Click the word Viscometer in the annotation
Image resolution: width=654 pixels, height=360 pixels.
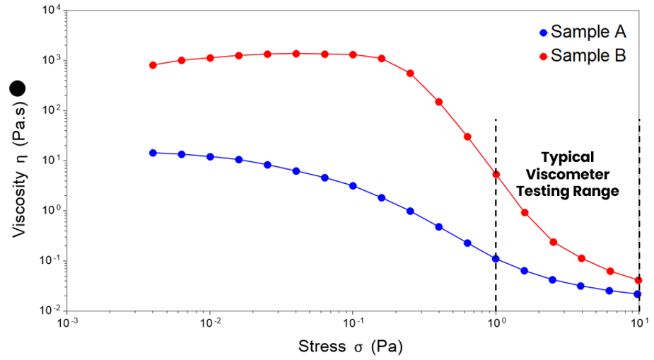pos(568,174)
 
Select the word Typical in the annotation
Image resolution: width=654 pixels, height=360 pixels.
pos(567,157)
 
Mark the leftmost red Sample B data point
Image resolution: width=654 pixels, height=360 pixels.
pos(153,65)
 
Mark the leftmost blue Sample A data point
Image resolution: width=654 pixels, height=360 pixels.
pos(153,153)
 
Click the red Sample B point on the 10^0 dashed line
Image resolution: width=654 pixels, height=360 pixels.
pos(496,174)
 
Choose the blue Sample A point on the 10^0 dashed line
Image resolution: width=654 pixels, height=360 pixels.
pos(496,259)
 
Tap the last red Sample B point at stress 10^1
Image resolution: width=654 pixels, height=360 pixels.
pos(638,280)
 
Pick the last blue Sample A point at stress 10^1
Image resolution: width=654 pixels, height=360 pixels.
pos(638,294)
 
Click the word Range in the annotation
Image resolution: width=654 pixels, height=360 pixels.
pos(600,191)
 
